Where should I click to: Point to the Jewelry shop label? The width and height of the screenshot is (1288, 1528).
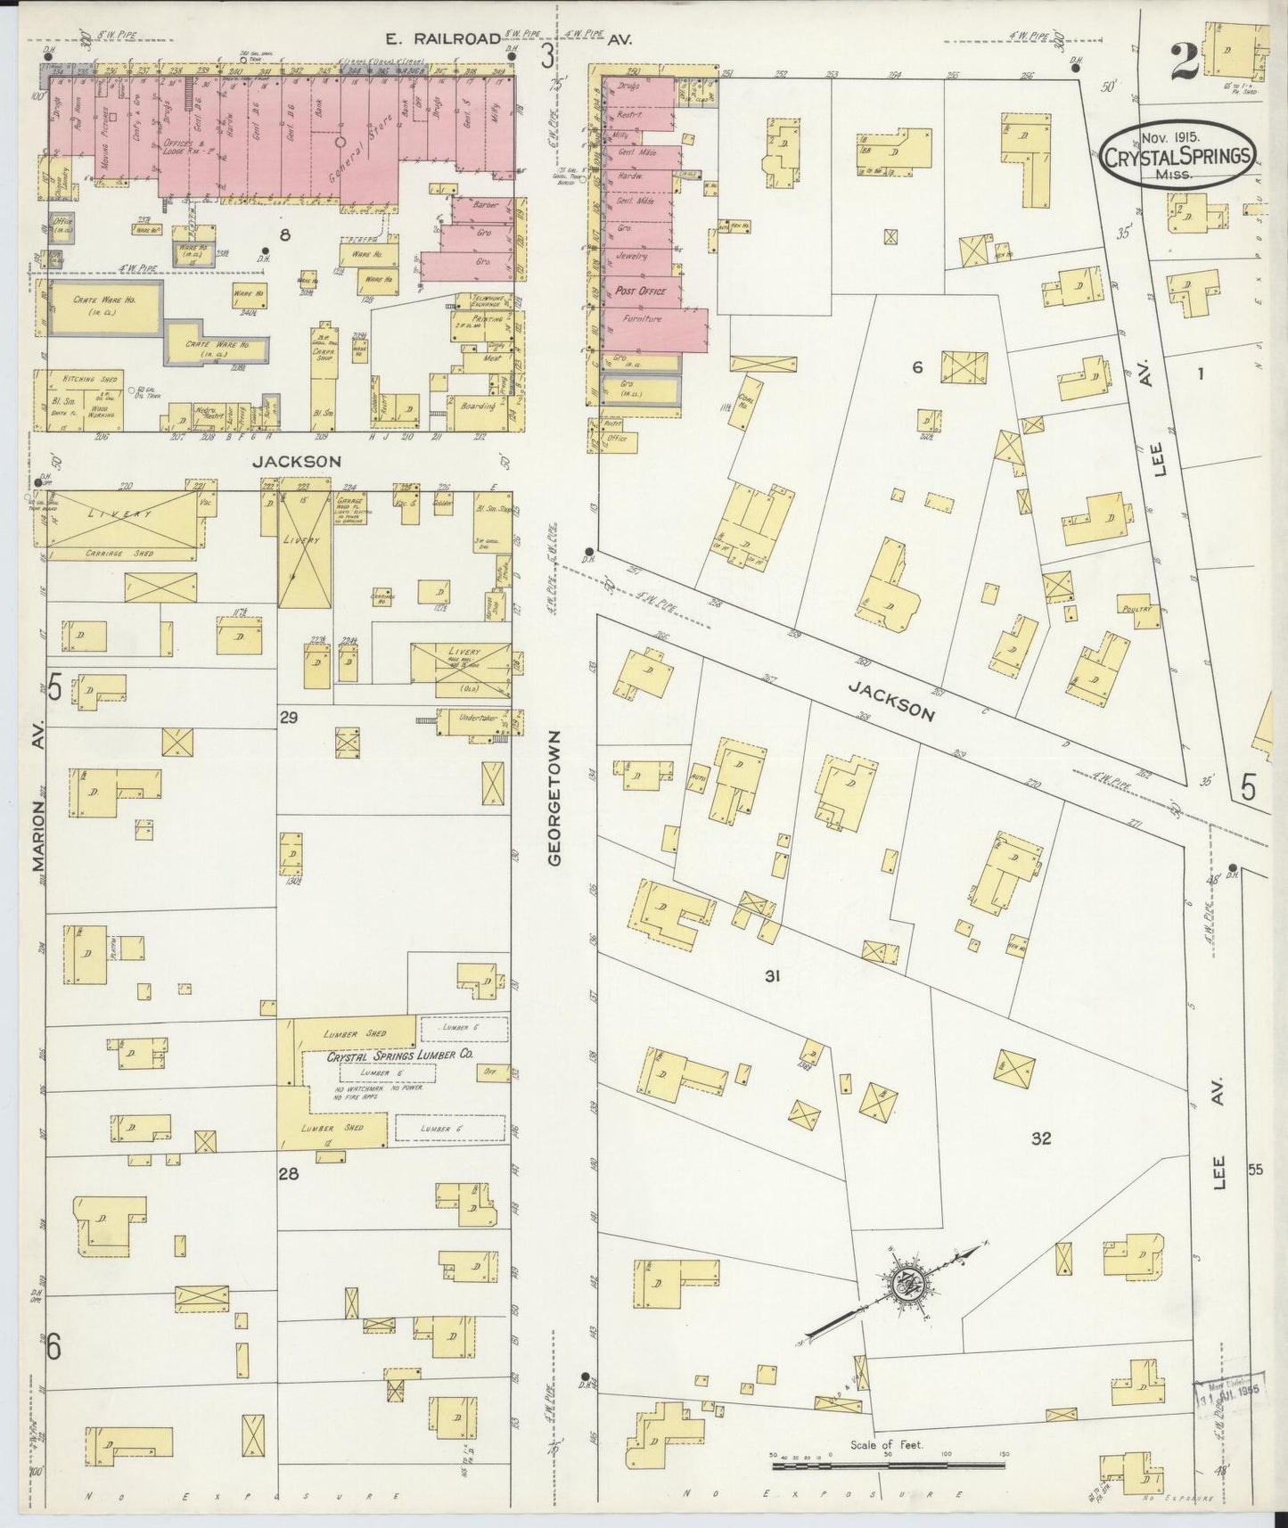point(631,256)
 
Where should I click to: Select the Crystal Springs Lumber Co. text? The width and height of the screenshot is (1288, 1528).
point(399,1054)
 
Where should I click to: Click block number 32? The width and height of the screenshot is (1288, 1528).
point(1040,1138)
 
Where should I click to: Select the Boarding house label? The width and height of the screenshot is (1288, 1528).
point(480,405)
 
